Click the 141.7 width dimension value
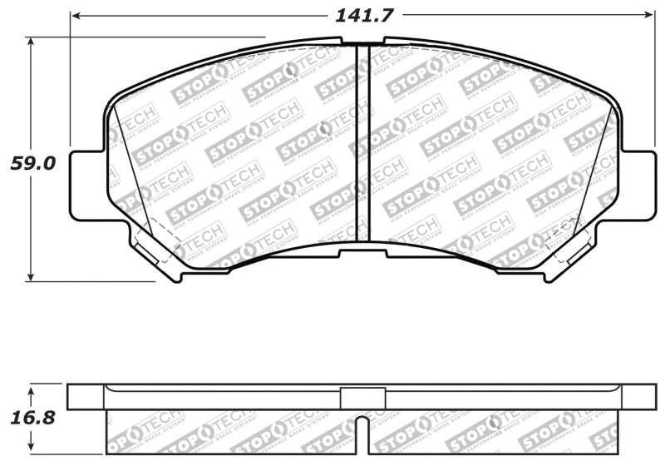363,15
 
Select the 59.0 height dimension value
32,163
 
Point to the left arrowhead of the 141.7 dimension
76,15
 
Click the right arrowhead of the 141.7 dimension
651,15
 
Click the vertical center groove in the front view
362,141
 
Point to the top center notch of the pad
362,42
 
